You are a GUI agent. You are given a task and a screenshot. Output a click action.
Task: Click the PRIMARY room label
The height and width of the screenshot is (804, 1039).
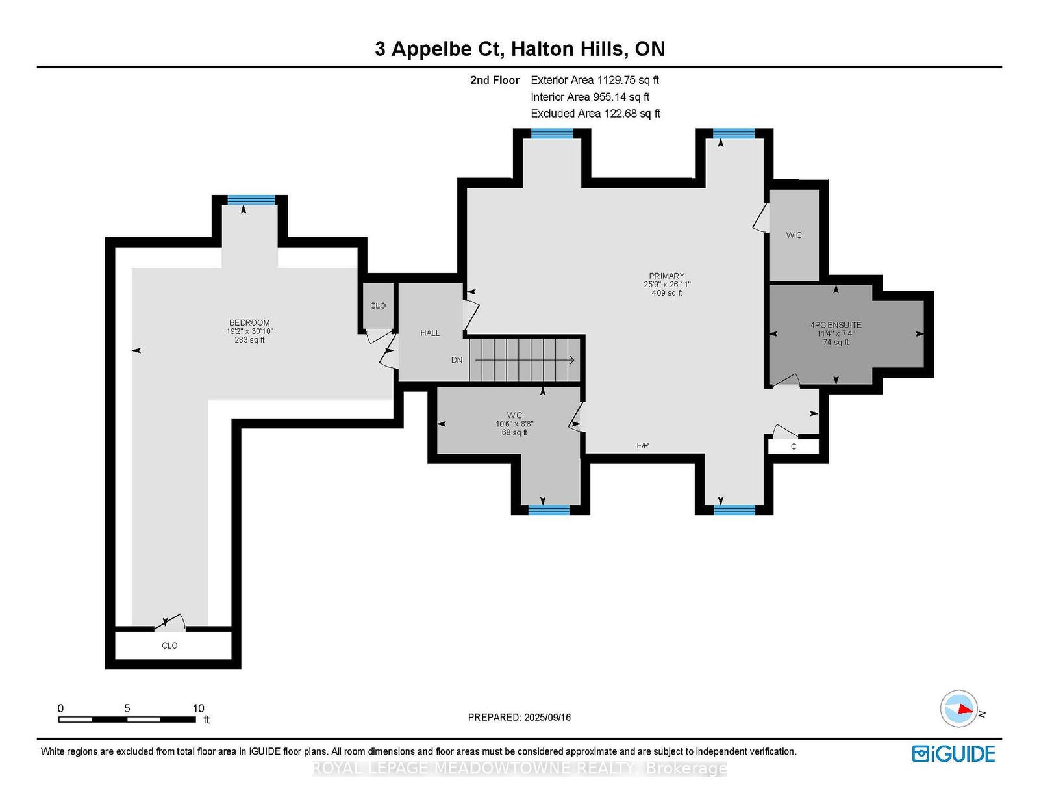(x=666, y=276)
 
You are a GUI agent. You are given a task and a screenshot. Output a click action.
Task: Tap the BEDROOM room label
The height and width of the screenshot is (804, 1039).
(x=249, y=322)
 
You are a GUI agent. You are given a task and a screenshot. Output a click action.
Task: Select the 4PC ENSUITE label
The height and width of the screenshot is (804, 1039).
(x=835, y=325)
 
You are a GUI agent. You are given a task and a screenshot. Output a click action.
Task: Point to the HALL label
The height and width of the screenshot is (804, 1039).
(x=430, y=333)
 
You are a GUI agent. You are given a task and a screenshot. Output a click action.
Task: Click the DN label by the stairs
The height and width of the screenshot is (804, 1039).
(x=457, y=360)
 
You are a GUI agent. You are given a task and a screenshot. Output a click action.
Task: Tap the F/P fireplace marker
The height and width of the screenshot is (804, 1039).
(x=643, y=446)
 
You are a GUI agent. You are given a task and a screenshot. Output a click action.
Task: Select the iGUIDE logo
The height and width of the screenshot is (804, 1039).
(x=953, y=754)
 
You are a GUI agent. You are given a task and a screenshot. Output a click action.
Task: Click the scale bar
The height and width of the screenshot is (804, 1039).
(x=127, y=720)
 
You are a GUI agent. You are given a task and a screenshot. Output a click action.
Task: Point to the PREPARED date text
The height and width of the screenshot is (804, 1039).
(x=519, y=717)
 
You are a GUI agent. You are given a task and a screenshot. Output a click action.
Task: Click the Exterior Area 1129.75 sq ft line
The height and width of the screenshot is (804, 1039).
(x=595, y=80)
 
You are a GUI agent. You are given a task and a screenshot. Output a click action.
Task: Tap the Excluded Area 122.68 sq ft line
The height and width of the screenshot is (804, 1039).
(x=595, y=114)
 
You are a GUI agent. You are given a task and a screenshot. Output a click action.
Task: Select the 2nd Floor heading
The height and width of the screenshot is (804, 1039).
(x=494, y=80)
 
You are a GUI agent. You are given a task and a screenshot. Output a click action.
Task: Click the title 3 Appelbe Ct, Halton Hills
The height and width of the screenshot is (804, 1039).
(x=519, y=49)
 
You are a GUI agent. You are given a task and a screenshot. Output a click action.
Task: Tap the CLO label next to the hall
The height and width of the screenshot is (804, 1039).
(x=378, y=306)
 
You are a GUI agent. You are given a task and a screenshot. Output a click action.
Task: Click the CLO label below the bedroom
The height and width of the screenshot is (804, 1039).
(x=169, y=645)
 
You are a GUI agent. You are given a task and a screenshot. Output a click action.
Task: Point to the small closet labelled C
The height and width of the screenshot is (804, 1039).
(x=794, y=447)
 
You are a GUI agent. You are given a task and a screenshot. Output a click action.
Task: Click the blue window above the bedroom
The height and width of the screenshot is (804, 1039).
(x=251, y=200)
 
